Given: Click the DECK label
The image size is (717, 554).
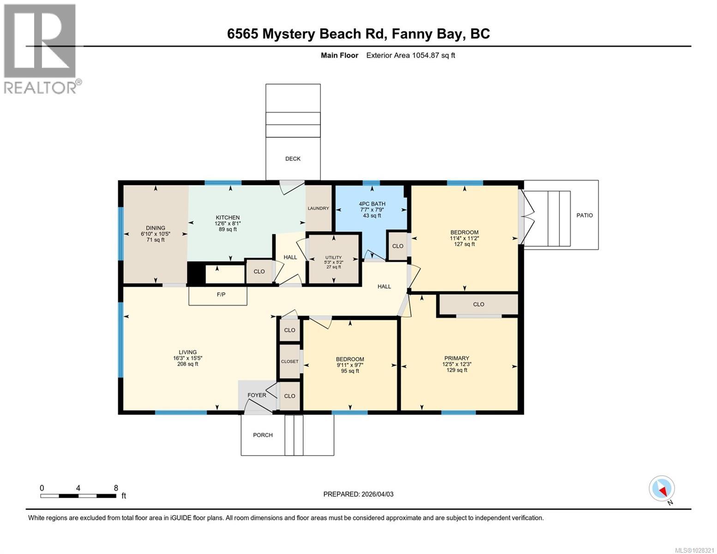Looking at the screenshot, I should [x=293, y=159].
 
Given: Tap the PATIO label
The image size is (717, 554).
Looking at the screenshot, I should [x=584, y=215].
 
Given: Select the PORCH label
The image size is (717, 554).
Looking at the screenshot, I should [x=263, y=435].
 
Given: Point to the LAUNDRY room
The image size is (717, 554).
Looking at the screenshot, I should [x=319, y=208].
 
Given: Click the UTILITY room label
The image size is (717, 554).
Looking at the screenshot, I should [x=333, y=258].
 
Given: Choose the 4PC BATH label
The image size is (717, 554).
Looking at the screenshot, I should [x=372, y=204].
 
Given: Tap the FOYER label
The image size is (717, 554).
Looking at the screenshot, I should [x=257, y=395].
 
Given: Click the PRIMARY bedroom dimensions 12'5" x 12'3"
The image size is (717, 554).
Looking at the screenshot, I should [x=457, y=364].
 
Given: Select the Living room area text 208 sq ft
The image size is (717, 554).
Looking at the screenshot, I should [x=188, y=364].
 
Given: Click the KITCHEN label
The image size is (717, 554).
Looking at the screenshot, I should [x=228, y=217].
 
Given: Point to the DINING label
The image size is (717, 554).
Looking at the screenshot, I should [x=156, y=228].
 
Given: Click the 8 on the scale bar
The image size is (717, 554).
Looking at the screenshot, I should [x=116, y=488].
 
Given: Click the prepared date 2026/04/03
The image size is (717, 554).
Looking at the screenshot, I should [x=376, y=494].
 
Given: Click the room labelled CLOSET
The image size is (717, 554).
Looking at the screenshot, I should [x=290, y=361].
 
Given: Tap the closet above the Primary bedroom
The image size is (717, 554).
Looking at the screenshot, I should [x=478, y=304].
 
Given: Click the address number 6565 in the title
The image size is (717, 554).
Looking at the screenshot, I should [x=243, y=34].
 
